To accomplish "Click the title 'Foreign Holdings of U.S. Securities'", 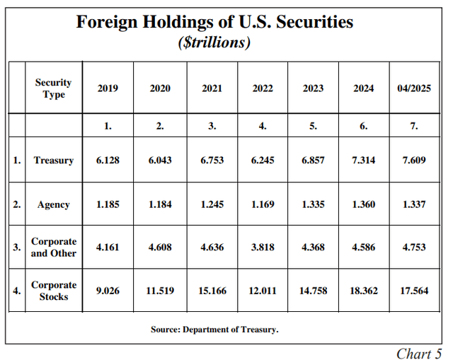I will click(214, 22).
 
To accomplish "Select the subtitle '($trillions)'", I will click(214, 42).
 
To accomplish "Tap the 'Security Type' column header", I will click(53, 88).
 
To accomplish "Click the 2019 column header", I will click(108, 88).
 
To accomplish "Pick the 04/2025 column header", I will click(414, 88).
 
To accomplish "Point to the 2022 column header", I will click(263, 88).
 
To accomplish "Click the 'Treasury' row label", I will click(53, 161).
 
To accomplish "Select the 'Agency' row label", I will click(53, 205).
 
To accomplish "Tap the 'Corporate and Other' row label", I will click(53, 247).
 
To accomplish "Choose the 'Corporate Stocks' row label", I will click(53, 291).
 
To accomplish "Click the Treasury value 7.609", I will click(414, 161).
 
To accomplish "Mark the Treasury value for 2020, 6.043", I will click(160, 161).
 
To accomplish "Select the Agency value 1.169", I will click(263, 205).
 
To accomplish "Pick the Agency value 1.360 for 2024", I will click(364, 205).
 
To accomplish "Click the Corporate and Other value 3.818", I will click(263, 247).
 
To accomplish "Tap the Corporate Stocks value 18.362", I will click(364, 291).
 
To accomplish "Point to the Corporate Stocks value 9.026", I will click(108, 291).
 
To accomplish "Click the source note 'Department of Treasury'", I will click(233, 330).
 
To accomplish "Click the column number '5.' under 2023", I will click(313, 126).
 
